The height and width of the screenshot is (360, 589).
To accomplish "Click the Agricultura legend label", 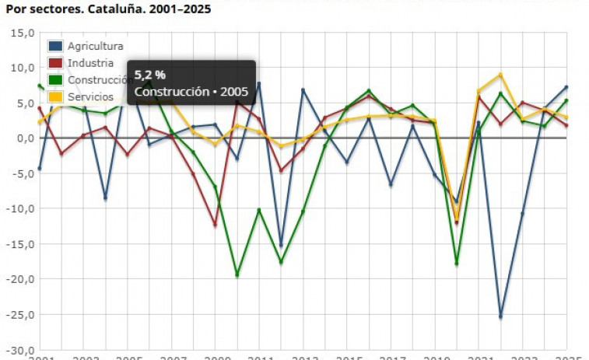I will pos(95,46).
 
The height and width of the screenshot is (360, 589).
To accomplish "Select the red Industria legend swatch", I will pos(56,63).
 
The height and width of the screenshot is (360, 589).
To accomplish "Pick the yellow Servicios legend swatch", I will pos(56,97).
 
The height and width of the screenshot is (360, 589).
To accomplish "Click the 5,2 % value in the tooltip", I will pos(150,75).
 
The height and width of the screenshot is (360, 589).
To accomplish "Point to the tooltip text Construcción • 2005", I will pos(191,92).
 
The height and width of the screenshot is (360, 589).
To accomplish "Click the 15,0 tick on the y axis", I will pos(22,33).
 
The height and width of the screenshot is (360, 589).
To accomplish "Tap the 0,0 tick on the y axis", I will pos(25,138).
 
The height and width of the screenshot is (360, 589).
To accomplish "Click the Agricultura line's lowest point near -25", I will pos(500,316).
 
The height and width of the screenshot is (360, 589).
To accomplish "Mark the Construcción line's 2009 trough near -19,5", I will pos(237,275).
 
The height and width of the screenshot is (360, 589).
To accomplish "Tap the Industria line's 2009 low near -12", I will pos(216,225).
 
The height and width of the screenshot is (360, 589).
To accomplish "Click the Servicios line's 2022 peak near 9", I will pos(500,75).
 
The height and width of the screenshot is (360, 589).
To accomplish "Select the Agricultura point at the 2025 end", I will pos(566,87).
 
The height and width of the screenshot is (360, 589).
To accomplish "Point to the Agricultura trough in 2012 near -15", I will pos(281,246).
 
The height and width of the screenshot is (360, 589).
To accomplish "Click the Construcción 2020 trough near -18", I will pos(456,264).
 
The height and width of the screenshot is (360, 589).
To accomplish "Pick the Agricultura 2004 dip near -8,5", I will pos(105,198).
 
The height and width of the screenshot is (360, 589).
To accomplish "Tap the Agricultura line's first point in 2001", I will pos(40,169).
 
